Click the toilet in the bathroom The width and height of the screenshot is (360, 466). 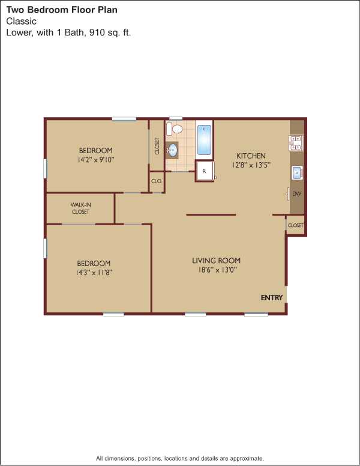click(x=175, y=129)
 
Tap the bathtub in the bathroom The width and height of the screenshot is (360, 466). click(x=204, y=140)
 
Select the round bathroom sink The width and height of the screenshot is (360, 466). click(x=172, y=150)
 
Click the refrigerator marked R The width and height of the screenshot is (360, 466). click(x=205, y=171)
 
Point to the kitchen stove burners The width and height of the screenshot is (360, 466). click(x=296, y=143)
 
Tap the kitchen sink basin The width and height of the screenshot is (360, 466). click(x=297, y=173)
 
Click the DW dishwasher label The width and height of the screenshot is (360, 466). click(x=297, y=194)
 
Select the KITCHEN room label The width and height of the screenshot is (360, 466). click(x=251, y=156)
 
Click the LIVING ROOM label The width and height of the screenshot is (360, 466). click(x=216, y=261)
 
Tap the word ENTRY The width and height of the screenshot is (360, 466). click(x=271, y=297)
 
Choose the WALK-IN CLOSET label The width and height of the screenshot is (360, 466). click(x=80, y=208)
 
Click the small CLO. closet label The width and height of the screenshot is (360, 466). click(x=157, y=181)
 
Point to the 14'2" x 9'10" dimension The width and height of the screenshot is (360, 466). click(x=95, y=160)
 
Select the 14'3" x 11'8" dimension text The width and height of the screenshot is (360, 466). click(x=94, y=273)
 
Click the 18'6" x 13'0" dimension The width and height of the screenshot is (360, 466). click(x=217, y=270)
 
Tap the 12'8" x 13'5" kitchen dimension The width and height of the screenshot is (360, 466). click(x=251, y=165)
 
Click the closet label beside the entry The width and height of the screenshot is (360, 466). click(x=296, y=225)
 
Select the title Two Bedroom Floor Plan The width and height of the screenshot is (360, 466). click(x=62, y=10)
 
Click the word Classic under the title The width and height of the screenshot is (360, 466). click(x=22, y=21)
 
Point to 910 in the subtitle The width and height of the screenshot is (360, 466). click(x=97, y=32)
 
